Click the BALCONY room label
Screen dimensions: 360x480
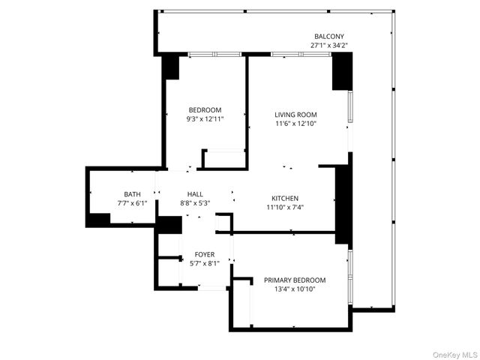click(329, 36)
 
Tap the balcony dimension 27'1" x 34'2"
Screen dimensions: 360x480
click(329, 46)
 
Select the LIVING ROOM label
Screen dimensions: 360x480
click(295, 114)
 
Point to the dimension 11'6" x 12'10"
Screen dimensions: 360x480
click(295, 124)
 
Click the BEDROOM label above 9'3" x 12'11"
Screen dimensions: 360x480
click(205, 109)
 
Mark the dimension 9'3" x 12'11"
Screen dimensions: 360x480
click(205, 119)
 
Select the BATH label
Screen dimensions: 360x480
click(133, 193)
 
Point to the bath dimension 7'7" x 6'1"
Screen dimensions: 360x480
click(133, 203)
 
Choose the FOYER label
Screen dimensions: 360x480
click(205, 254)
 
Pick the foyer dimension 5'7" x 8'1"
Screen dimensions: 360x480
click(205, 264)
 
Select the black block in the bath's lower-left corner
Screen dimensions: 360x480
click(98, 220)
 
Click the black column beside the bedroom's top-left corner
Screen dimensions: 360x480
click(171, 67)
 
